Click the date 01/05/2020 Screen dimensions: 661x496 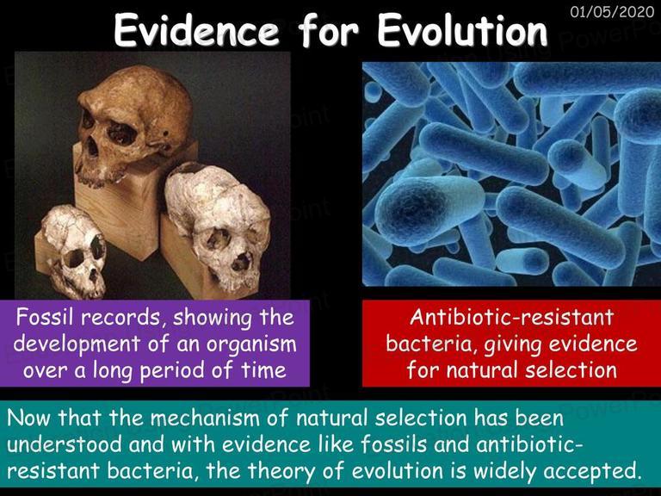click(x=612, y=11)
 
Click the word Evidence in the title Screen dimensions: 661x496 click(x=196, y=30)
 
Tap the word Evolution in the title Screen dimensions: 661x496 click(x=462, y=30)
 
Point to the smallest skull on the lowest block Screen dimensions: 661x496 click(x=74, y=251)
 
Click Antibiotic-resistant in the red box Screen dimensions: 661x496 click(x=512, y=317)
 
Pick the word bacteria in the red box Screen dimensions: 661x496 click(x=432, y=344)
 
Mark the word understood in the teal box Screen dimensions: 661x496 click(x=65, y=444)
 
